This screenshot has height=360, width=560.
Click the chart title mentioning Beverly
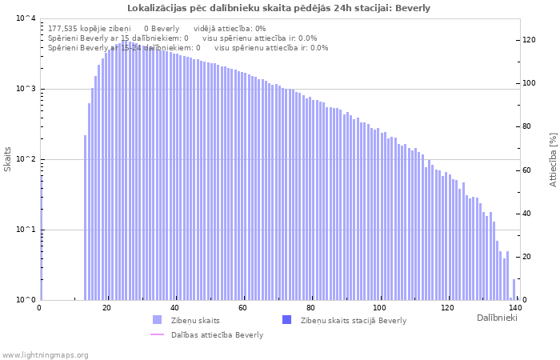coord(279,9)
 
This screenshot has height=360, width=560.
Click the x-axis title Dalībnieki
coord(497,318)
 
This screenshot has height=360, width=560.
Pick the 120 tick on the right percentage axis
coord(529,40)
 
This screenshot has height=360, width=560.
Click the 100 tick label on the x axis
coord(380,308)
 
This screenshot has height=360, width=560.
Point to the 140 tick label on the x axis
coord(514,308)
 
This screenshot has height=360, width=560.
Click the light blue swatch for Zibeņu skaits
coord(158,320)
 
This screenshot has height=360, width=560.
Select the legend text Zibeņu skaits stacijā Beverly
coord(353,321)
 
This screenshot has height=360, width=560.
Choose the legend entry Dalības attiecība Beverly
coord(217,335)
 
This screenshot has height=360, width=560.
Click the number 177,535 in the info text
coord(65,28)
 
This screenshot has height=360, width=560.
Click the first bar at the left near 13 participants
coord(86,218)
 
